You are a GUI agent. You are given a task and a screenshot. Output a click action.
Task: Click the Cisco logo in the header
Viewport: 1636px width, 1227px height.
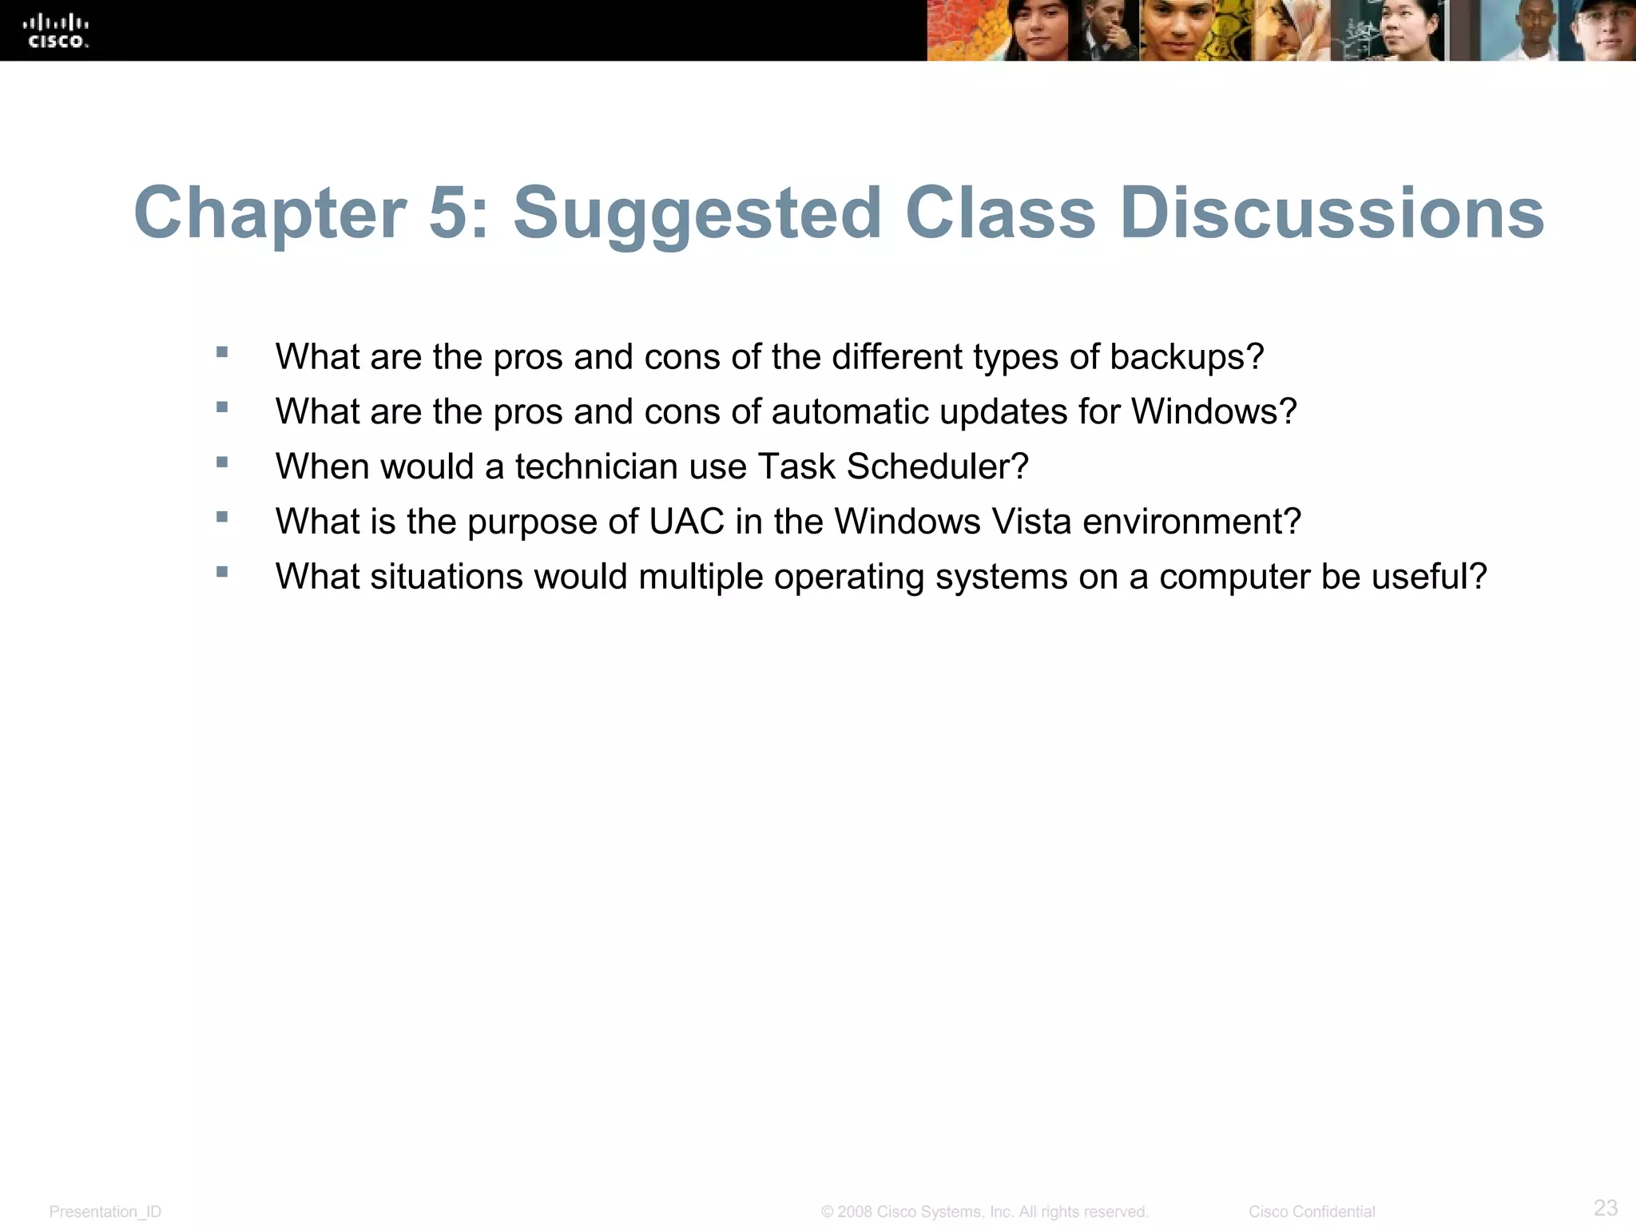click(55, 31)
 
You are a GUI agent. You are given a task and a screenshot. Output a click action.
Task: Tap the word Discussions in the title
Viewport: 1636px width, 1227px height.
click(1332, 212)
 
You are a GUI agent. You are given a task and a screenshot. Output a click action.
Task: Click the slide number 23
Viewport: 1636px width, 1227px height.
click(1605, 1207)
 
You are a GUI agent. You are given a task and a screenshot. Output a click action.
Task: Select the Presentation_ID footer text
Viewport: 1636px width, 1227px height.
click(105, 1212)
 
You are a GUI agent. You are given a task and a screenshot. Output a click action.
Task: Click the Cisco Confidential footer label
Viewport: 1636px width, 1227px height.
click(1312, 1212)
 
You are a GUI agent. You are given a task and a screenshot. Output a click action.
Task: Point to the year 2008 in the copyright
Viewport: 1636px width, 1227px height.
click(855, 1212)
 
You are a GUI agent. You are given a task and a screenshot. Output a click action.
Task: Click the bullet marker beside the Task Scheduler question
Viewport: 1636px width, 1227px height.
click(222, 462)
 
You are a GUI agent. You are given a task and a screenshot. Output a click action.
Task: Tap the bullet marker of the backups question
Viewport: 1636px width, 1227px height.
click(222, 352)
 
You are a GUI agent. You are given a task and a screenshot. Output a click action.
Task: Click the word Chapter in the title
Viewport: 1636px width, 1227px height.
click(270, 212)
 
